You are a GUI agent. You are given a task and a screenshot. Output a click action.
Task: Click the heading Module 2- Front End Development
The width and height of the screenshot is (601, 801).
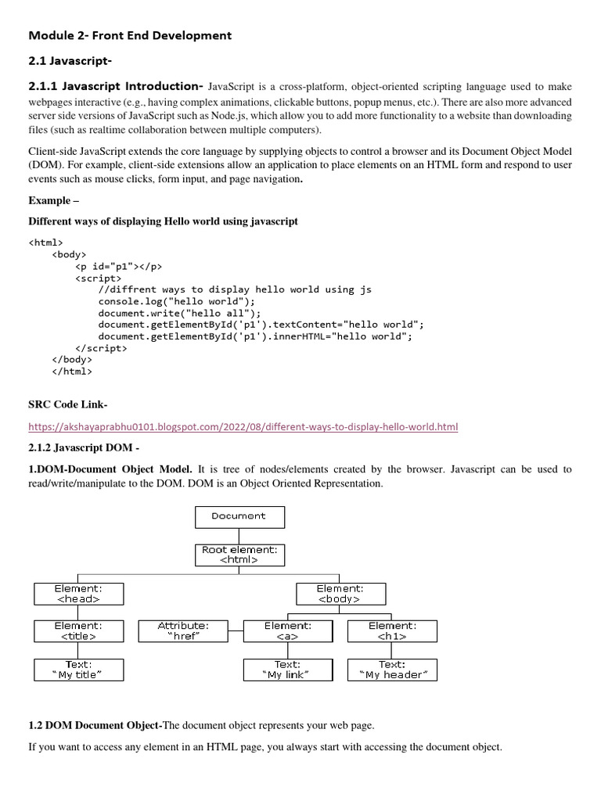[x=130, y=35]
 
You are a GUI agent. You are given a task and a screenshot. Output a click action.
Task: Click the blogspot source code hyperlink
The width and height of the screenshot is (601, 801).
[x=243, y=426]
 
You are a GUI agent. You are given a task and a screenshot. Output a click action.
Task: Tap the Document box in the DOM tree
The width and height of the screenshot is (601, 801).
[x=239, y=517]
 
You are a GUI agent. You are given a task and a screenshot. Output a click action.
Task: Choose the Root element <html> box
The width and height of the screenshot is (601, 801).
[x=239, y=555]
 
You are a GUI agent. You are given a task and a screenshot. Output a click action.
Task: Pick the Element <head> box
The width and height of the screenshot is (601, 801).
[x=78, y=594]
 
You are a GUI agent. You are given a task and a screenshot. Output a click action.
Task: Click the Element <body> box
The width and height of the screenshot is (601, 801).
[x=340, y=594]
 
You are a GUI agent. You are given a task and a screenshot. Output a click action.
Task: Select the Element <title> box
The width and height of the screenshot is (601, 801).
[x=78, y=631]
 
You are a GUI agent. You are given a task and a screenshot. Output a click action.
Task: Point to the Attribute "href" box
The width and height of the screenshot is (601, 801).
[x=183, y=631]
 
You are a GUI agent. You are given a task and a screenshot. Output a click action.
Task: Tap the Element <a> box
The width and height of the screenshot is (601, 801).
[x=288, y=631]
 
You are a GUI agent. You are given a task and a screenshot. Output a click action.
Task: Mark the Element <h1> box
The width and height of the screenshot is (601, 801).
[x=392, y=631]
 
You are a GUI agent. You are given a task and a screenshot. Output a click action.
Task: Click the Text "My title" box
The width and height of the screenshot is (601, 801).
[x=78, y=670]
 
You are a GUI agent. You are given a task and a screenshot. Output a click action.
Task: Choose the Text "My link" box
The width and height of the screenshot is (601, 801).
[x=288, y=670]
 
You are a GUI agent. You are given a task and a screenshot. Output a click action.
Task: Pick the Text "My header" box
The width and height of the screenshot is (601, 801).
[x=392, y=670]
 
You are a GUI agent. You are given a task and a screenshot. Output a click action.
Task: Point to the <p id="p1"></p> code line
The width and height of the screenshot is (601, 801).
[x=119, y=266]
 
